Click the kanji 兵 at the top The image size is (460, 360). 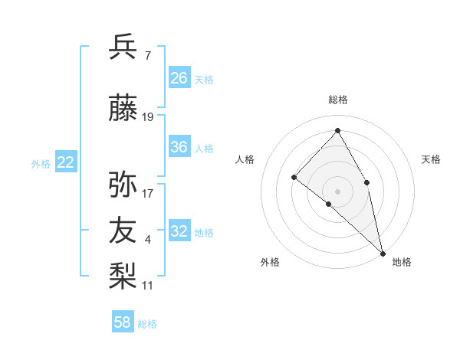click(123, 47)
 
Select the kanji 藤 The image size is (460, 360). click(123, 110)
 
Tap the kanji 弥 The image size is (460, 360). click(123, 185)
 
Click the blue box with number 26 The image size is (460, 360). click(179, 78)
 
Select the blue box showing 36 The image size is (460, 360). click(179, 147)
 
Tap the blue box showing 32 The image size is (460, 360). click(179, 231)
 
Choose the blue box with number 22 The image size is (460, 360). click(66, 162)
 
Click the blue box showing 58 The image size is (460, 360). click(123, 322)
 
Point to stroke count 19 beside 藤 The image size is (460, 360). click(148, 117)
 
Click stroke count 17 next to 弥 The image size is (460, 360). click(148, 193)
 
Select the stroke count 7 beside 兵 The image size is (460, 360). click(147, 56)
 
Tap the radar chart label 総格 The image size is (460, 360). click(338, 100)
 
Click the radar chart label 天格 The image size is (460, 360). click(431, 159)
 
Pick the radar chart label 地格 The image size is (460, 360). click(402, 262)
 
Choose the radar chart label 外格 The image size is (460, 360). click(270, 262)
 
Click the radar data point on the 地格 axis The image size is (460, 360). click(383, 253)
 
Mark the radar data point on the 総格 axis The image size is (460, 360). click(337, 130)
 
